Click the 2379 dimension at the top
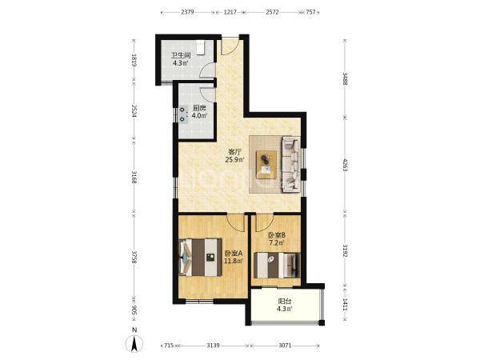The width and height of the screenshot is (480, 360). point(187,12)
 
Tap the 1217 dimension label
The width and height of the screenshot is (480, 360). point(230,12)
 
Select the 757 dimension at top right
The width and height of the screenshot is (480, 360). point(310,12)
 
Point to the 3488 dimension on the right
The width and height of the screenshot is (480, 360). point(345,79)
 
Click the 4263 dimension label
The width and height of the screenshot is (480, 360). point(345,165)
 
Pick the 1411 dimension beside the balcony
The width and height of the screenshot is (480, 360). point(345,305)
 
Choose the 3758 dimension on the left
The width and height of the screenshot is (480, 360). point(134,258)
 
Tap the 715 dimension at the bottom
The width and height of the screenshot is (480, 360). point(169,346)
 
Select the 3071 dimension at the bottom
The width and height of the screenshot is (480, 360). point(285,346)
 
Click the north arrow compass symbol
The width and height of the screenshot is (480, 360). point(134,343)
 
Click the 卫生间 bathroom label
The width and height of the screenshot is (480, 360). point(181,56)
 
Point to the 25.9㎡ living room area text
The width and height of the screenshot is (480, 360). point(235,159)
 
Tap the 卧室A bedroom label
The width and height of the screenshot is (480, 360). point(234,254)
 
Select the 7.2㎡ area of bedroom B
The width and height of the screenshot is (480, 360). point(277,243)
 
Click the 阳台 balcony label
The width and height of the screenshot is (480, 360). point(284,302)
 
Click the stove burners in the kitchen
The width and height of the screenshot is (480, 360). point(182,114)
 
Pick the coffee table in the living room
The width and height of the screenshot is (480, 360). point(266,164)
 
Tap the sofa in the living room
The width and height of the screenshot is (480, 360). point(290,165)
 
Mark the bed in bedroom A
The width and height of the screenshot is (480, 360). point(200,257)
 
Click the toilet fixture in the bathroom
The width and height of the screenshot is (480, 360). point(200,48)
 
